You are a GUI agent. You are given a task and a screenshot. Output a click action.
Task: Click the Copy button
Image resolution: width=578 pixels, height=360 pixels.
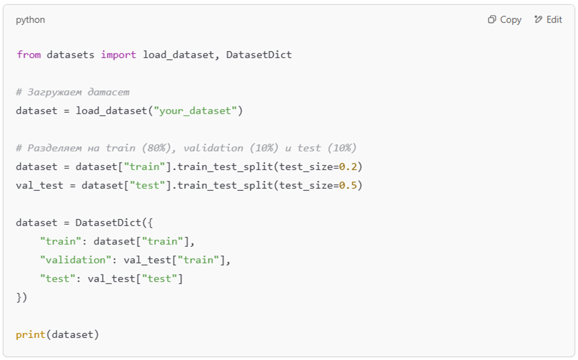[x=504, y=20]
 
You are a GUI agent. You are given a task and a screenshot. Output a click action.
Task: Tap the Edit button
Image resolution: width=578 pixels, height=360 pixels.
[x=548, y=20]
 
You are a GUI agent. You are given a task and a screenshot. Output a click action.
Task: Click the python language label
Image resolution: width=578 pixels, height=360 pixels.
[x=30, y=20]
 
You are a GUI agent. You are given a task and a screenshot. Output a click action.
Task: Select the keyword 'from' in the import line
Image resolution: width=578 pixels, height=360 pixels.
[x=28, y=55]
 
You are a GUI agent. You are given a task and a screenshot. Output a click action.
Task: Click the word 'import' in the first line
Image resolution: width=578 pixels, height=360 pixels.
[x=119, y=55]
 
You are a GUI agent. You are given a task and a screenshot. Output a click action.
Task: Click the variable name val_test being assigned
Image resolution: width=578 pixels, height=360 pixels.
[x=40, y=185]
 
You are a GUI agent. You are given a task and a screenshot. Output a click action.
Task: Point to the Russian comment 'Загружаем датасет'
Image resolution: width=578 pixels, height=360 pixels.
[x=73, y=92]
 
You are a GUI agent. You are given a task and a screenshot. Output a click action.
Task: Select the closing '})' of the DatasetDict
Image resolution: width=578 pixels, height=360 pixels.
[x=22, y=297]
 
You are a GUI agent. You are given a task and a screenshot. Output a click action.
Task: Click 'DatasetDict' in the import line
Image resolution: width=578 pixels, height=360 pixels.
[x=258, y=55]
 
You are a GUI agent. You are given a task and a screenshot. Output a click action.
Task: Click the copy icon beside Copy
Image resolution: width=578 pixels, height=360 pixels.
[x=491, y=20]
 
